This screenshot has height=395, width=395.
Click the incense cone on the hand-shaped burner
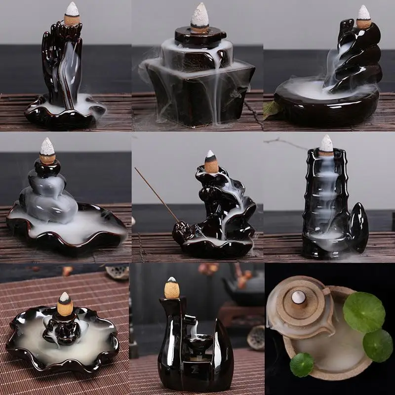tap(72, 14)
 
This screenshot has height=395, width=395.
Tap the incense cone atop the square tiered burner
tap(200, 19)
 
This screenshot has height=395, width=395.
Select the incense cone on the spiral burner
tap(364, 17)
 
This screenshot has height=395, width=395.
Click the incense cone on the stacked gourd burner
tap(48, 150)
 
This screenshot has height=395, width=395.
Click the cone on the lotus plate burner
tap(65, 304)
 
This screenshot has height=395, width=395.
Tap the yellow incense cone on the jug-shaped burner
tap(172, 288)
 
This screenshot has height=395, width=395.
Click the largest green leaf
tap(364, 312)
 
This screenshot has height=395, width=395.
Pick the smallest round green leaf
tap(301, 364)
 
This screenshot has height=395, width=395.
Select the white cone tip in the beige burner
tap(299, 297)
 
